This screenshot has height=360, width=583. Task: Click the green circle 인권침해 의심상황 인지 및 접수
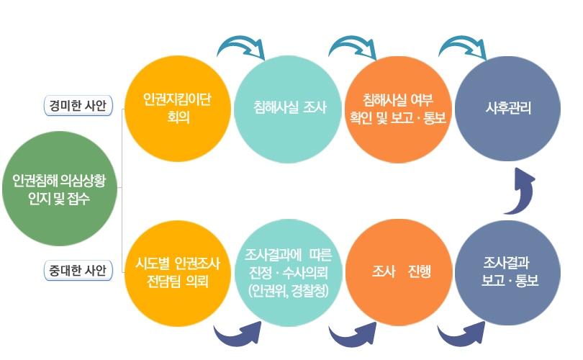[x=58, y=189]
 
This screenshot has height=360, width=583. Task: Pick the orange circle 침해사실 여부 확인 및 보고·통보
[x=398, y=107]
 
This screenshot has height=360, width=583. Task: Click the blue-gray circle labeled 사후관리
[x=509, y=108]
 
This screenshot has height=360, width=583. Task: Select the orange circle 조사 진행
[x=398, y=272]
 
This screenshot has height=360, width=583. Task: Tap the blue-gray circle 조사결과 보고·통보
[x=509, y=271]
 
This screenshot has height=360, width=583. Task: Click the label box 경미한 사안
[x=78, y=106]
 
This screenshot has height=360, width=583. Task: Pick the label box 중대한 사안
[x=78, y=271]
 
